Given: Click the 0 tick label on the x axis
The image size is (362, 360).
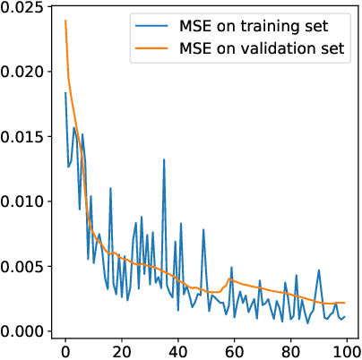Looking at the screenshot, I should coord(65,349).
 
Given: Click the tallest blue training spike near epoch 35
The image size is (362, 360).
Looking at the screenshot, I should coord(164,160).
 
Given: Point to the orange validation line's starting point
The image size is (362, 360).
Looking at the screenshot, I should coord(65,21).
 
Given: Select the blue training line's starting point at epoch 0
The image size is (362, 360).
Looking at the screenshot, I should coord(65,93).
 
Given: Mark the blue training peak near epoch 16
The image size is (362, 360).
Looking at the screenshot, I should coord(110,189).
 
